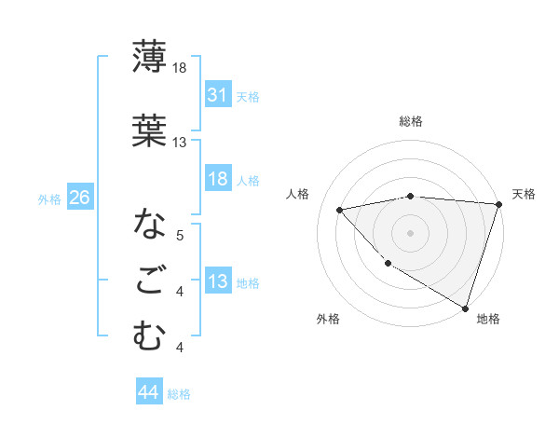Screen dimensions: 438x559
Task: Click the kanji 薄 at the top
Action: (x=149, y=59)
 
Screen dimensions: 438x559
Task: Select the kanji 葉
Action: (x=149, y=131)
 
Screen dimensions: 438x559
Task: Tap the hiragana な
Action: (x=149, y=225)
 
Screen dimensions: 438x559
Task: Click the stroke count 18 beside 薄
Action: (x=180, y=69)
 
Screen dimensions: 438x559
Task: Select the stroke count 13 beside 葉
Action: (x=180, y=143)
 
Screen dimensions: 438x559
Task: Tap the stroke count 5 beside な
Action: (x=180, y=236)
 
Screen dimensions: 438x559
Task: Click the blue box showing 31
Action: (x=218, y=95)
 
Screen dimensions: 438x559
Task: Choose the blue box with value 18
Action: (x=218, y=179)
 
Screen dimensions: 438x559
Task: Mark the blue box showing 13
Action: (x=218, y=282)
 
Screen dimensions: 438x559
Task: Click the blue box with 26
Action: (x=80, y=198)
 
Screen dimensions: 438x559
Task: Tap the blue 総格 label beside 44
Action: (x=179, y=394)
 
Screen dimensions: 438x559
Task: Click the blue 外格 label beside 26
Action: (x=49, y=198)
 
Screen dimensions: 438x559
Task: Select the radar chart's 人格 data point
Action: (x=340, y=210)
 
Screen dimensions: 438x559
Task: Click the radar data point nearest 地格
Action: (x=465, y=307)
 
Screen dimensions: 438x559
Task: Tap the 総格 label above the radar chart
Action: (x=411, y=121)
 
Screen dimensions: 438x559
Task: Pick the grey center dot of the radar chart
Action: (x=411, y=232)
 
